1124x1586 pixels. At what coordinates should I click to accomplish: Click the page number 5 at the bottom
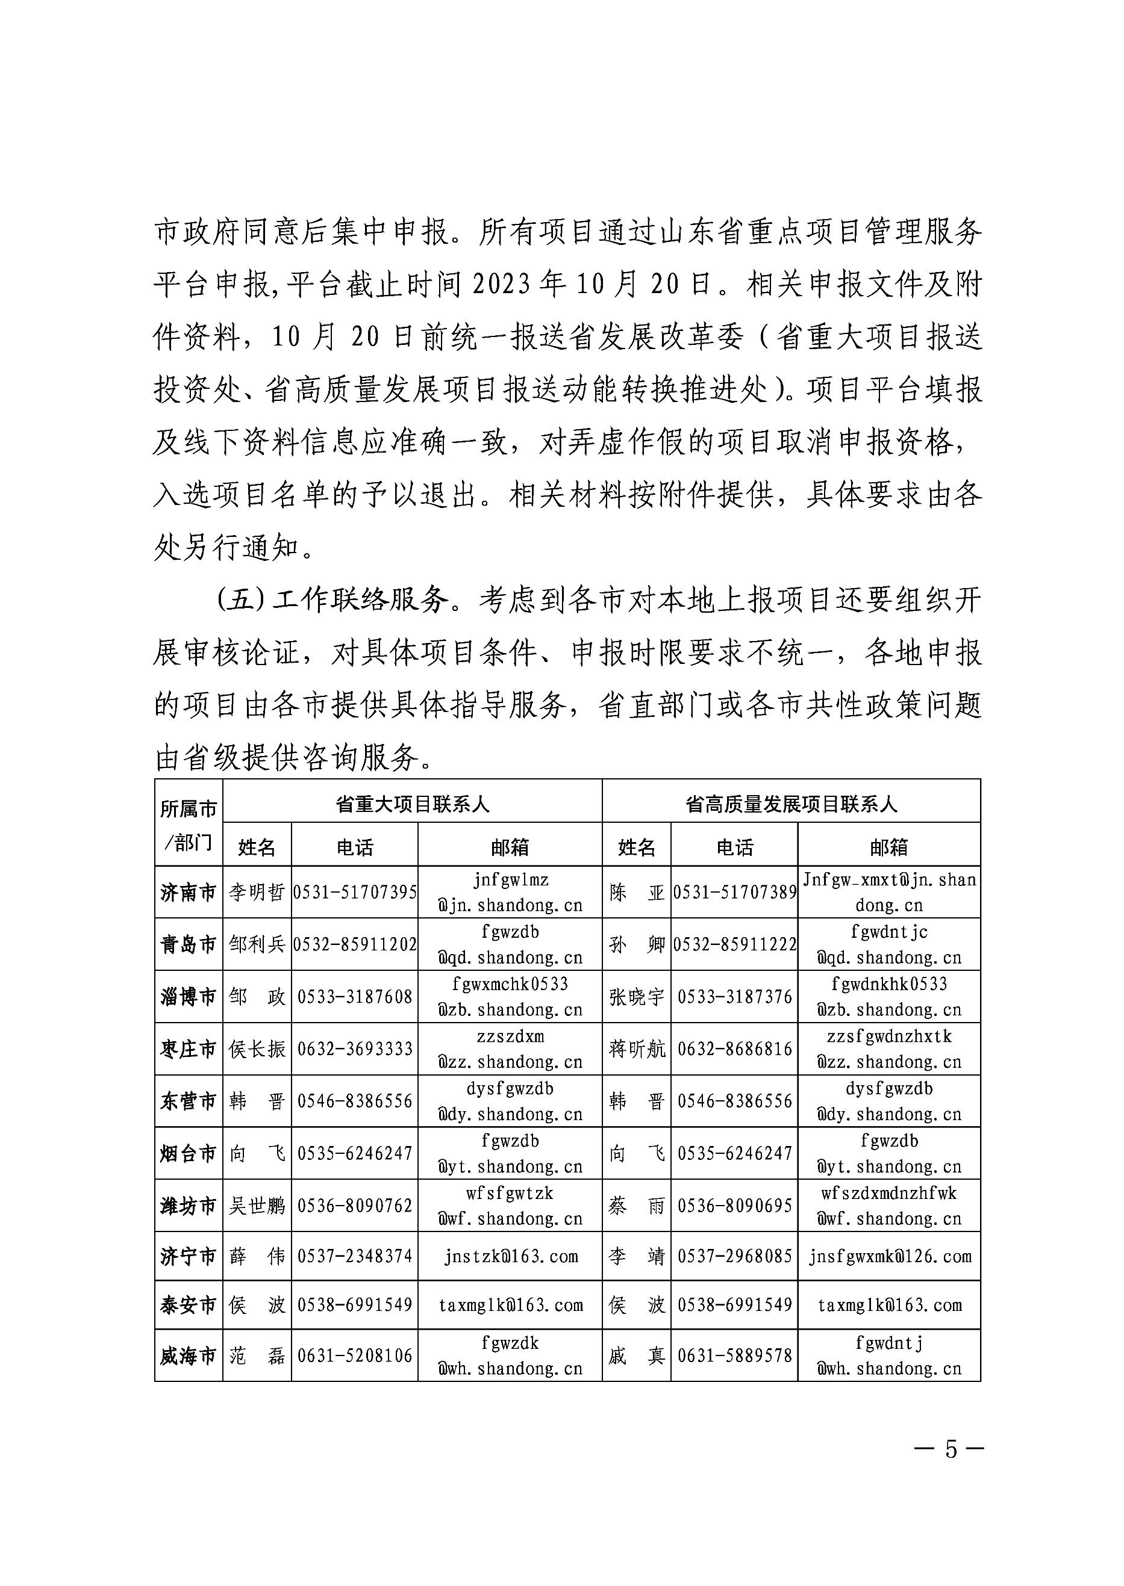click(x=951, y=1448)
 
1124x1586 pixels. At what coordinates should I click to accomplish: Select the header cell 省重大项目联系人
click(x=413, y=804)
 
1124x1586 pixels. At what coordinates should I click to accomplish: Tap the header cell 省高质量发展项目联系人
click(x=791, y=804)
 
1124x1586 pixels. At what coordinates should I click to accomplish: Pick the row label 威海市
click(x=189, y=1356)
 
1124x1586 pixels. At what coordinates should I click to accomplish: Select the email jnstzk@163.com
click(x=510, y=1256)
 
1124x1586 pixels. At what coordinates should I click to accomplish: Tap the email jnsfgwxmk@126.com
click(x=889, y=1256)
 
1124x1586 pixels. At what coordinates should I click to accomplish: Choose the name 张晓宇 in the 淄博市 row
click(x=636, y=997)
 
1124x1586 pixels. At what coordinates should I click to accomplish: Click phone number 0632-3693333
click(x=355, y=1049)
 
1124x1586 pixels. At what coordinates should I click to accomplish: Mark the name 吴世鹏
click(x=257, y=1206)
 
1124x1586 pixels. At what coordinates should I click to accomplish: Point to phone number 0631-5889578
click(x=734, y=1356)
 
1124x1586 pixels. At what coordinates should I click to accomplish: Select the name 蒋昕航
click(x=636, y=1049)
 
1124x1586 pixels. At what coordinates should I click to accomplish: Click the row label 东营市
click(x=189, y=1101)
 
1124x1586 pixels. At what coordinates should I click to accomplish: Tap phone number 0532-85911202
click(x=355, y=945)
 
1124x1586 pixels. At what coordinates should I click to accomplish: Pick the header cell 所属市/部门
click(x=189, y=825)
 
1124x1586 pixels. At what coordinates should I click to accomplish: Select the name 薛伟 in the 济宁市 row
click(x=257, y=1256)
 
